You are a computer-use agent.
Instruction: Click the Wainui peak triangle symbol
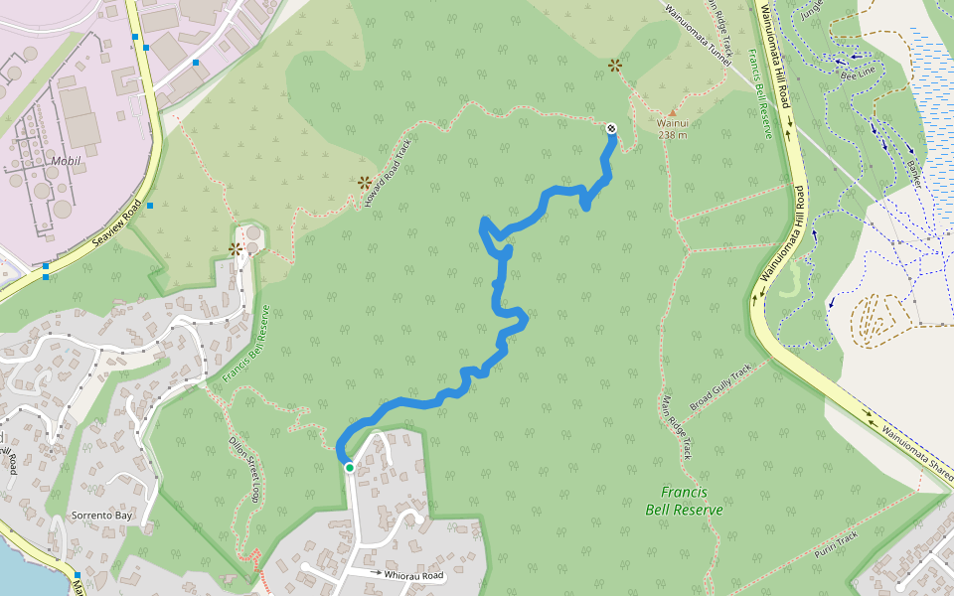[x=672, y=112]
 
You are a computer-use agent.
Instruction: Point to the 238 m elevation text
[x=672, y=135]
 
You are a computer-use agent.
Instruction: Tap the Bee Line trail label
[x=858, y=73]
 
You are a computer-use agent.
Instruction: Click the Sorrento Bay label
[x=100, y=516]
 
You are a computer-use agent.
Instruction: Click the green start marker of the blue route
[x=350, y=467]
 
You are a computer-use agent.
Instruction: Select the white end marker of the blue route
[x=611, y=128]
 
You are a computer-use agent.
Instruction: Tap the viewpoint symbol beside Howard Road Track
[x=365, y=183]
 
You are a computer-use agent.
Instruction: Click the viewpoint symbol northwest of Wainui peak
[x=615, y=66]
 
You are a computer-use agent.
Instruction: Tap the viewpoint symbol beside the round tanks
[x=236, y=249]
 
